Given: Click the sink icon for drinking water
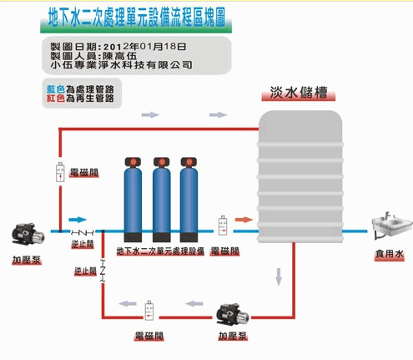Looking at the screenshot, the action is click(x=391, y=225).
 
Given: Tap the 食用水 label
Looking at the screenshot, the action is click(x=389, y=254).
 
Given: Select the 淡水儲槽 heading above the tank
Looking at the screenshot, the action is click(x=299, y=92).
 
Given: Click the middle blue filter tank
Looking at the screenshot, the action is click(x=162, y=200).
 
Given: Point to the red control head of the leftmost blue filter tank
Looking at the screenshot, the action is click(x=133, y=162).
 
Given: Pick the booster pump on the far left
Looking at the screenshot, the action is click(x=28, y=234).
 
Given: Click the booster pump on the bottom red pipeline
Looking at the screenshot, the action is click(x=233, y=315).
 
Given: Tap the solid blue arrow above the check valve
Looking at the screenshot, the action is click(x=78, y=220).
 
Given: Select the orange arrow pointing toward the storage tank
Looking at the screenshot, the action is click(x=244, y=220).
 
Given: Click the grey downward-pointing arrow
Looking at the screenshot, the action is click(x=279, y=276).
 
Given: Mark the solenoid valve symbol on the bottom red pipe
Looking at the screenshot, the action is click(x=149, y=311).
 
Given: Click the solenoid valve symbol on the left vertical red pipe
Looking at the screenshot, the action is click(x=60, y=172).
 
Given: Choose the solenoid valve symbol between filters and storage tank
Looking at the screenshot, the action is click(x=223, y=225).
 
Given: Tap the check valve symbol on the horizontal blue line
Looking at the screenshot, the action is click(x=83, y=231).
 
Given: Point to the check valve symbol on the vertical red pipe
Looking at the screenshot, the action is click(x=103, y=271).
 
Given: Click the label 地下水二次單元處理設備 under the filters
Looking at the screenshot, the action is click(x=160, y=251).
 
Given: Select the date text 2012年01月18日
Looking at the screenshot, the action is click(x=144, y=47).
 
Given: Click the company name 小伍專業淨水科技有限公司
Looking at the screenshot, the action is click(x=121, y=65).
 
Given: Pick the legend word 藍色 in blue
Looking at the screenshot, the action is click(x=56, y=89).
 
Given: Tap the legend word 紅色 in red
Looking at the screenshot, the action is click(x=56, y=98).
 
